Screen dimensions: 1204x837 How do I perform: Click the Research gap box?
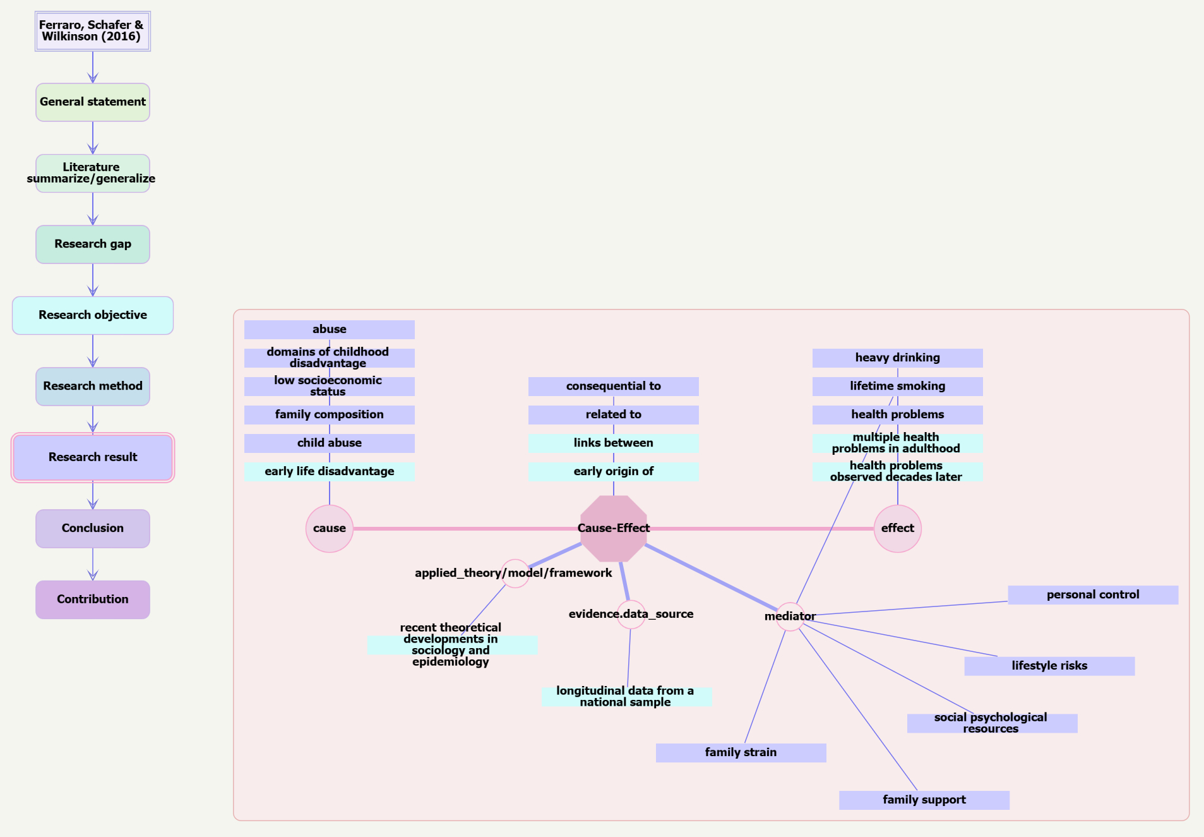pos(93,244)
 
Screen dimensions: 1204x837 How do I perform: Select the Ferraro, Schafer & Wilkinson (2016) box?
pos(93,31)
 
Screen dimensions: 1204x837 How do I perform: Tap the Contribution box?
pos(93,599)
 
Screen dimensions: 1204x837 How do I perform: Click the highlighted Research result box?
pos(93,457)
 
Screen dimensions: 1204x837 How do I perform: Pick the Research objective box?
pos(93,315)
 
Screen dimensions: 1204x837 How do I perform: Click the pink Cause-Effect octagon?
pos(614,529)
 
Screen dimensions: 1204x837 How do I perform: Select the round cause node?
pos(330,529)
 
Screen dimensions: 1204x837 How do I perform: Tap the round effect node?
pos(898,529)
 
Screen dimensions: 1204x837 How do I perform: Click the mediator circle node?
pos(790,617)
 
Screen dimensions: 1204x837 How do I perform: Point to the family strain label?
pos(741,752)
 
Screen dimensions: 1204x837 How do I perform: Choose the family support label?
pos(924,800)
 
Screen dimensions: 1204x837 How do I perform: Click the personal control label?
pos(1093,595)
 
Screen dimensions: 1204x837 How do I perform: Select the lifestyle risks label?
pos(1049,666)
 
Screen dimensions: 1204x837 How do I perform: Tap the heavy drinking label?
pos(898,358)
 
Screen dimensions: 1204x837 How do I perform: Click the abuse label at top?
pos(330,330)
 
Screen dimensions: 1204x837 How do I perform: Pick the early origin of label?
pos(614,472)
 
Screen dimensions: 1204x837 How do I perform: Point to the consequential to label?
pos(614,387)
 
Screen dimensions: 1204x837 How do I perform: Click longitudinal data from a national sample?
pos(626,697)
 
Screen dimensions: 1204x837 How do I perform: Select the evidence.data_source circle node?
pos(631,615)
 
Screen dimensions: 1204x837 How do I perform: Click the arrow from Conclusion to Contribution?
pos(93,564)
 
